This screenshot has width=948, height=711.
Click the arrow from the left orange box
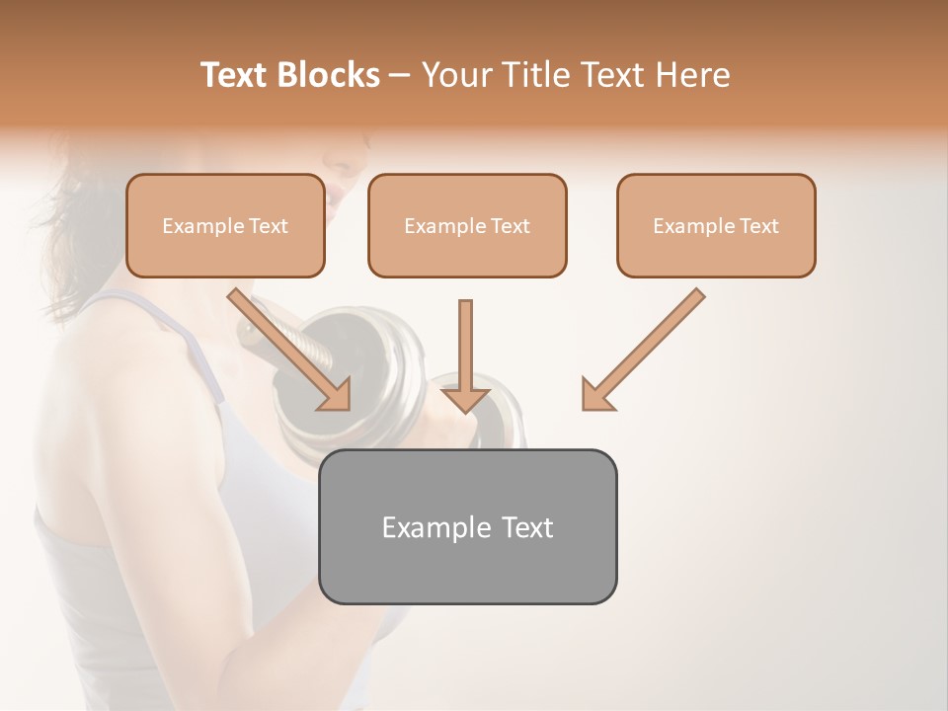pyautogui.click(x=291, y=350)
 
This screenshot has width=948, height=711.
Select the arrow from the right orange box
pyautogui.click(x=643, y=350)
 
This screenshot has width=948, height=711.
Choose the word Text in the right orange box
pyautogui.click(x=758, y=226)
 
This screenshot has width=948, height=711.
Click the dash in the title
pyautogui.click(x=400, y=75)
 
